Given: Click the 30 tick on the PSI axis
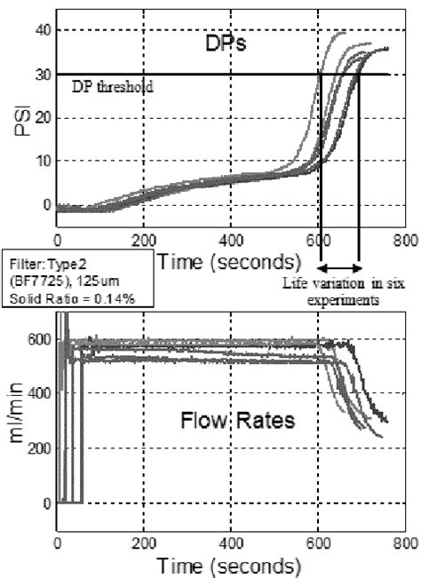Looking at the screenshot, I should click(x=39, y=74).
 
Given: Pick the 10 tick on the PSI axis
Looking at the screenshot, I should click(x=39, y=161).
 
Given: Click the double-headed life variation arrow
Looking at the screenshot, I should click(x=339, y=266).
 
